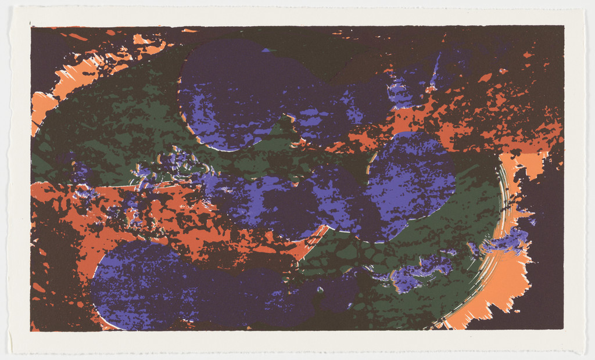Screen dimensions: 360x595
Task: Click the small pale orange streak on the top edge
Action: coord(189,30)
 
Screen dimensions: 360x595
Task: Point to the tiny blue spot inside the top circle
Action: coord(266,51)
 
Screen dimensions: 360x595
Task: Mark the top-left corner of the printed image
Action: coord(31,26)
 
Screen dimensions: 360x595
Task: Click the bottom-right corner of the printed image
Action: coord(563,329)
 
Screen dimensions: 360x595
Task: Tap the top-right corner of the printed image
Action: coord(564,26)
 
